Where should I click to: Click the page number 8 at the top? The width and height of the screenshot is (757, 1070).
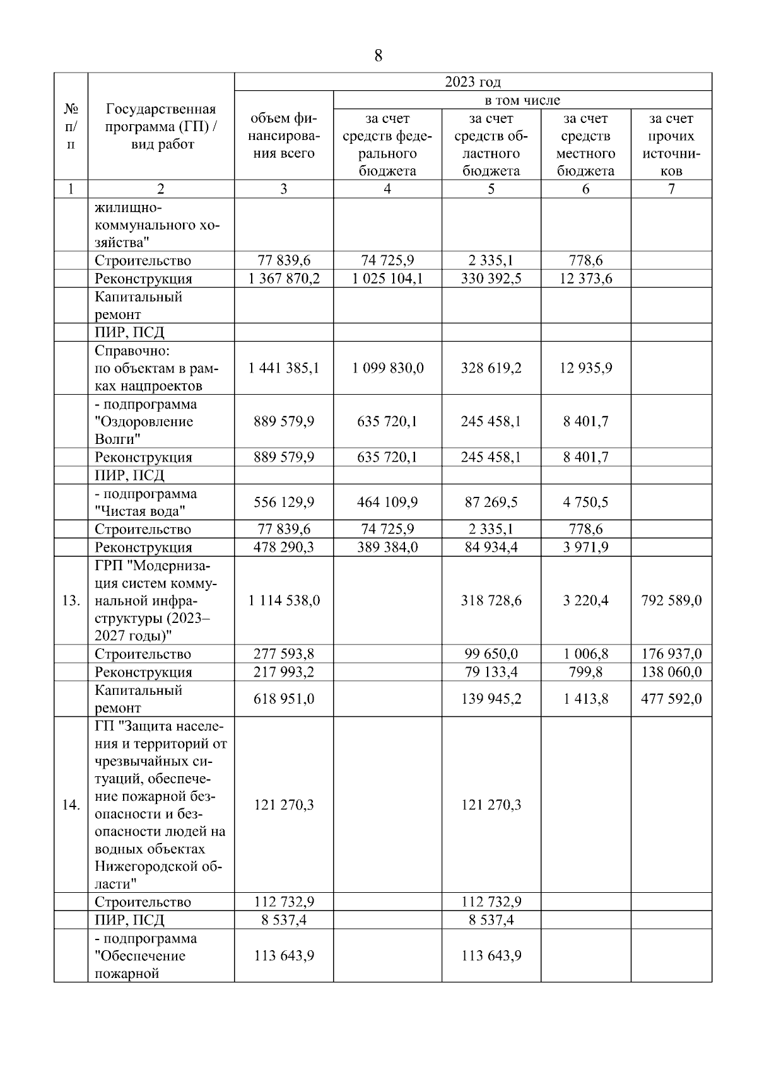378,56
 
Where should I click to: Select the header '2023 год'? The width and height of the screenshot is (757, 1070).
472,82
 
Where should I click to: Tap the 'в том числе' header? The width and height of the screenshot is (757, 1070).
522,100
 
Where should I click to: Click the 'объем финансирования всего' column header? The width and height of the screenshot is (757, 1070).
283,136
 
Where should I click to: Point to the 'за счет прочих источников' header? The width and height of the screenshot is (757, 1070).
671,144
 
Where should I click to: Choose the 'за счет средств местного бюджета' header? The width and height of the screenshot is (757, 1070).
585,144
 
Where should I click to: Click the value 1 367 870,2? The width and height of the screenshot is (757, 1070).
284,279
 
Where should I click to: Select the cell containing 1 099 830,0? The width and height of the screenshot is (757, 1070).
387,368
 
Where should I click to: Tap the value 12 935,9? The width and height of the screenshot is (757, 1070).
585,368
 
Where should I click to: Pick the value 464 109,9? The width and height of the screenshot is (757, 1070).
387,503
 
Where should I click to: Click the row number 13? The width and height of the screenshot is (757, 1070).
71,601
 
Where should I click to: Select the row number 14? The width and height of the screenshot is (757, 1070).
71,805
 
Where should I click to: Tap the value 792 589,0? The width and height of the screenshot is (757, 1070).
671,601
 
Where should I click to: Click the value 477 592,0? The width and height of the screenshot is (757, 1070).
671,699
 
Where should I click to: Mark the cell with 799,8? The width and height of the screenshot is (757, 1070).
585,672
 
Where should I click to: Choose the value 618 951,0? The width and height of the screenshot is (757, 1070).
284,699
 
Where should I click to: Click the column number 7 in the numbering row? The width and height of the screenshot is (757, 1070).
671,189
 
